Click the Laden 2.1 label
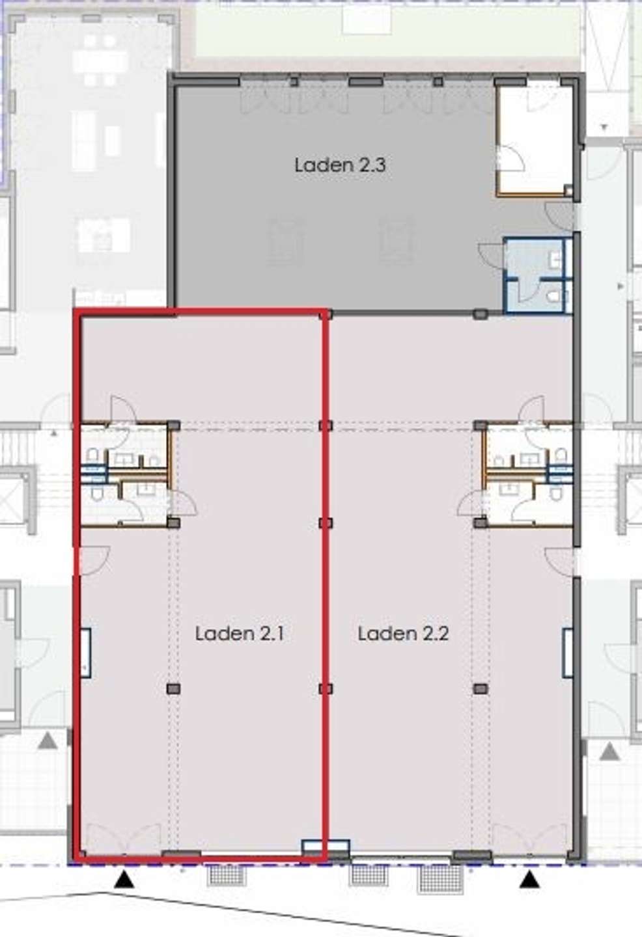[240, 633]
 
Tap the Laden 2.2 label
[403, 633]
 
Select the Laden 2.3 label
[340, 165]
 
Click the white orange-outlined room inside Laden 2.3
[535, 140]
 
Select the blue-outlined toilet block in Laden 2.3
[538, 275]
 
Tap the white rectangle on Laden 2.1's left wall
[86, 653]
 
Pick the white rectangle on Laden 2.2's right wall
[568, 653]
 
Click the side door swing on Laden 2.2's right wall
[559, 560]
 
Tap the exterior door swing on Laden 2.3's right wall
[559, 216]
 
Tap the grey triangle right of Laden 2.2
[609, 752]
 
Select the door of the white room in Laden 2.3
[510, 157]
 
